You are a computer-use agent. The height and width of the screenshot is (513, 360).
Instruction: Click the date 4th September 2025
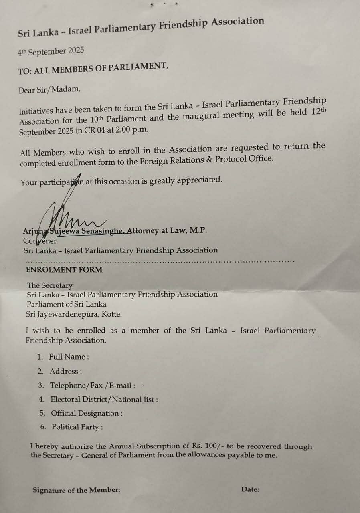(x=51, y=52)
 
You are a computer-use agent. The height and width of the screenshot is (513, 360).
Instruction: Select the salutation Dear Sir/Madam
(x=49, y=89)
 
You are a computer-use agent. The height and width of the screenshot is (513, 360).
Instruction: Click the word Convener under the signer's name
(x=40, y=241)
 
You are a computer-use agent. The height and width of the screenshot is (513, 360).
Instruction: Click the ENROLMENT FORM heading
(x=64, y=270)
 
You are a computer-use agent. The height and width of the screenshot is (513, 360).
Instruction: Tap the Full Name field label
(x=69, y=357)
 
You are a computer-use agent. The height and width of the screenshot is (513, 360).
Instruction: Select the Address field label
(x=65, y=371)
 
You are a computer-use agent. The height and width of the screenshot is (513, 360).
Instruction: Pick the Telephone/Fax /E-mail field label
(x=92, y=386)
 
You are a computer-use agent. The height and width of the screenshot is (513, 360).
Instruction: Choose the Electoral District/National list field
(x=104, y=399)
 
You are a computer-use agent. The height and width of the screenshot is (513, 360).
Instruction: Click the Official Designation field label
(x=87, y=413)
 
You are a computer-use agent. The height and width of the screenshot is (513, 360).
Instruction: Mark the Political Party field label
(x=77, y=427)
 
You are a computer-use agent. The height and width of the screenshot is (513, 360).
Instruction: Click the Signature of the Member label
(x=76, y=490)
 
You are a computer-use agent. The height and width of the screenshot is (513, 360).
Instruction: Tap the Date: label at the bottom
(x=250, y=489)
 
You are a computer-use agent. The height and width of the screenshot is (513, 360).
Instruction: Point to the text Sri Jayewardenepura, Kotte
(x=73, y=314)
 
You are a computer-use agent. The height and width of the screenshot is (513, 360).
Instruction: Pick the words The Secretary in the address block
(x=50, y=285)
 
